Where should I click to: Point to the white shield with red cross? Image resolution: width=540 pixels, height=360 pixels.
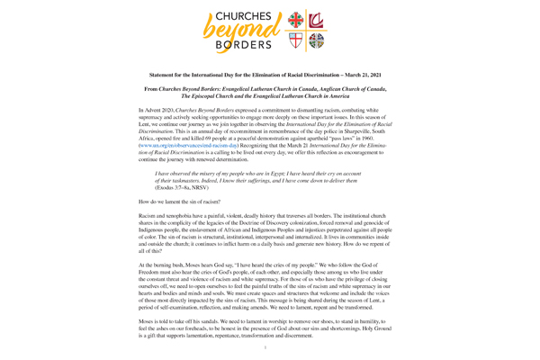pos(295,41)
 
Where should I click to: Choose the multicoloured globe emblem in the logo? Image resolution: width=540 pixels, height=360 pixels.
pos(315,41)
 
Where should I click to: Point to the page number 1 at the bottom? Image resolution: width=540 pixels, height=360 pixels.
pos(269,345)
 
